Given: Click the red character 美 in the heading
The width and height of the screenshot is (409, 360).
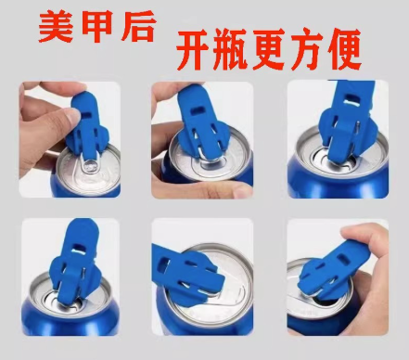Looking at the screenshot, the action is (56, 27).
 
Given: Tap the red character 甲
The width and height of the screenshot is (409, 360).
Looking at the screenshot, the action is (97, 26).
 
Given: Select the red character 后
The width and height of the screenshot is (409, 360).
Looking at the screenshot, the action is (138, 26).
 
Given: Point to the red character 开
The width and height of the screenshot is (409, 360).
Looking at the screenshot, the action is (193, 49).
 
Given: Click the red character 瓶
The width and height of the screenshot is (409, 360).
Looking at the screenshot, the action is (231, 49).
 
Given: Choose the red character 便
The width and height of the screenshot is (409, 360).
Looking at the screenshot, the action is (343, 49).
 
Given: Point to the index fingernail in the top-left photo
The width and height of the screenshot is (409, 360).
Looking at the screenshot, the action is (73, 116).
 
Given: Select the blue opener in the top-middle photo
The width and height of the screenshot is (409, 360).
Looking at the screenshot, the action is (202, 122).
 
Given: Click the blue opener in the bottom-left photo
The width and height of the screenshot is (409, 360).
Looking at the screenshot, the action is (75, 263).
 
